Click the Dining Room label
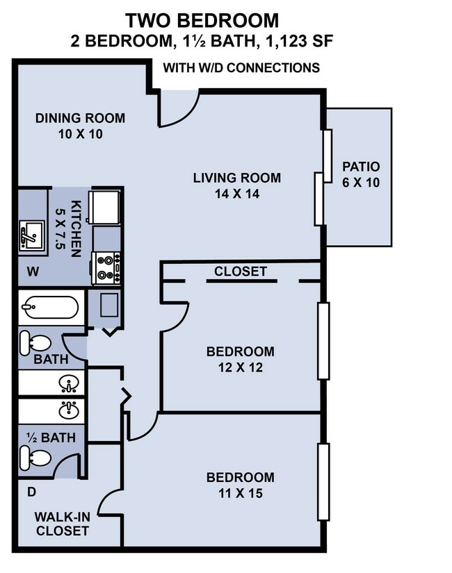[x=81, y=126]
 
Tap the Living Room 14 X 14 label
[x=236, y=185]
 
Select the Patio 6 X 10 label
[x=361, y=174]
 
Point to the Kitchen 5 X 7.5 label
[x=72, y=229]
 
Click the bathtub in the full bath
[x=49, y=307]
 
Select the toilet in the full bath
[x=34, y=342]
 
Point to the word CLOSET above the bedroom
[x=241, y=271]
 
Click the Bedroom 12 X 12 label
[x=240, y=359]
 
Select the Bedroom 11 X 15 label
[x=240, y=485]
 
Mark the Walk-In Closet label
[x=62, y=524]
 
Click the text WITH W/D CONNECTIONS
[x=241, y=67]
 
